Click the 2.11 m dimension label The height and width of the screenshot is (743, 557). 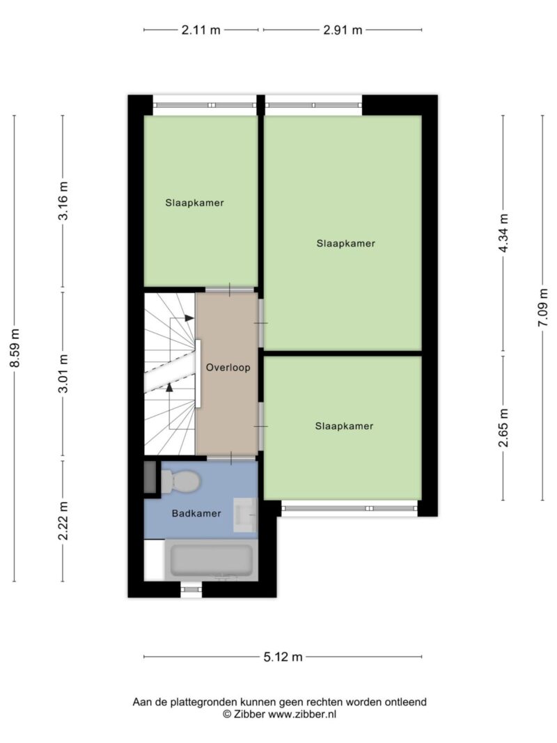pyautogui.click(x=201, y=30)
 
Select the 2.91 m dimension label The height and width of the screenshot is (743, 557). pyautogui.click(x=343, y=30)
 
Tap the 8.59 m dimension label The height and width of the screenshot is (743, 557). pyautogui.click(x=15, y=348)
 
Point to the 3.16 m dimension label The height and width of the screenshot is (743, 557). pyautogui.click(x=63, y=201)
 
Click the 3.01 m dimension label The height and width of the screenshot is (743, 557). pyautogui.click(x=63, y=373)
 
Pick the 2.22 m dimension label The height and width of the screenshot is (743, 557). pyautogui.click(x=63, y=520)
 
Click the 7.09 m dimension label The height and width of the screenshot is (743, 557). pyautogui.click(x=543, y=308)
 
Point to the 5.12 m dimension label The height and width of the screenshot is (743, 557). pyautogui.click(x=283, y=657)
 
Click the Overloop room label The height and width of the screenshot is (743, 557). pyautogui.click(x=228, y=367)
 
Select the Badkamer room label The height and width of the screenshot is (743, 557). pyautogui.click(x=196, y=513)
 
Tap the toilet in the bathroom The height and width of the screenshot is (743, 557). pyautogui.click(x=180, y=481)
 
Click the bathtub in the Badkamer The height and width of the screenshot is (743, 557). pyautogui.click(x=211, y=560)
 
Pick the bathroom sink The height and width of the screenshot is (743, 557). pyautogui.click(x=245, y=515)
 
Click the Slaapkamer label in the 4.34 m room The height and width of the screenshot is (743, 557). pyautogui.click(x=346, y=244)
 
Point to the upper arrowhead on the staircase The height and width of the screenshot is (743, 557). pyautogui.click(x=189, y=318)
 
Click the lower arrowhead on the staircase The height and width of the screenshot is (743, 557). pyautogui.click(x=169, y=387)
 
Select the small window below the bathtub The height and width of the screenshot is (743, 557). pyautogui.click(x=191, y=590)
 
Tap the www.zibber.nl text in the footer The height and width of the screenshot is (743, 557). pyautogui.click(x=302, y=714)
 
